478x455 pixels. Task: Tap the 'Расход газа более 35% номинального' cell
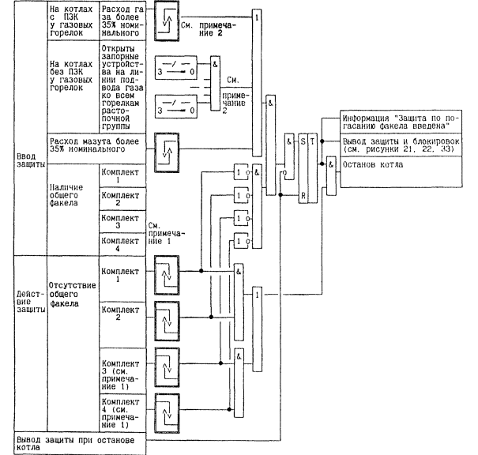[120, 22]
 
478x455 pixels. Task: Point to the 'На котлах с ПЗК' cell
[71, 22]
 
